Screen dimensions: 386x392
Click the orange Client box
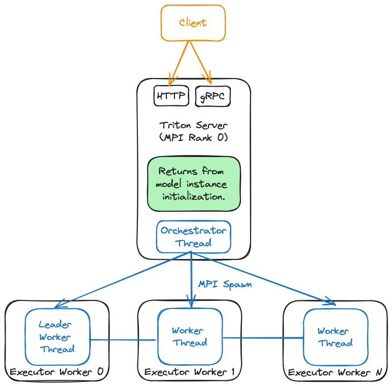click(x=193, y=23)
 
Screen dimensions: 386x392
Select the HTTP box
click(x=171, y=96)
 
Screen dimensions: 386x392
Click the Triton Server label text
click(x=193, y=125)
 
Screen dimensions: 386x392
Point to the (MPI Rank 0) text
click(x=193, y=137)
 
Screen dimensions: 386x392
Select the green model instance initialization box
click(x=193, y=183)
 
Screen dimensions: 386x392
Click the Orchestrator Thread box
click(x=193, y=237)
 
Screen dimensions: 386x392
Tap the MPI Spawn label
click(x=225, y=284)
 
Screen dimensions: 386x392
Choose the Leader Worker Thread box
click(x=57, y=337)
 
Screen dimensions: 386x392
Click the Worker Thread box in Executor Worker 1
click(x=190, y=337)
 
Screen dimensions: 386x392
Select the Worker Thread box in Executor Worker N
click(x=335, y=337)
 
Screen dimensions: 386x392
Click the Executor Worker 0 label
click(x=56, y=372)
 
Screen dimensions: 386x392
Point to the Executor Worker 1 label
click(x=189, y=372)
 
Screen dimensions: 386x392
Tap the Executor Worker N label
click(x=335, y=373)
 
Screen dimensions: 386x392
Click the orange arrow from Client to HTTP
click(x=180, y=61)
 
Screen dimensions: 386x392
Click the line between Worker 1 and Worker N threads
click(x=263, y=337)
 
